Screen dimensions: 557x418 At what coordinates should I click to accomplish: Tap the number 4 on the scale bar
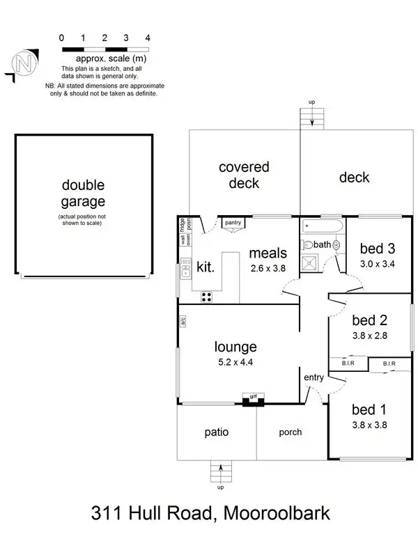pyautogui.click(x=148, y=37)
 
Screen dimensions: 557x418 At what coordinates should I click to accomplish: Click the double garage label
pyautogui.click(x=83, y=194)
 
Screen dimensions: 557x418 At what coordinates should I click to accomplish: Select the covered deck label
pyautogui.click(x=244, y=175)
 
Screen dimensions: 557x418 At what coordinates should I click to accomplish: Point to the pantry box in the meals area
pyautogui.click(x=232, y=223)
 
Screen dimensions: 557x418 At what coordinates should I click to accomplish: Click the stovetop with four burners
pyautogui.click(x=207, y=297)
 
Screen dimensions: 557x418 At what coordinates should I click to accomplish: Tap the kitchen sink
pyautogui.click(x=185, y=269)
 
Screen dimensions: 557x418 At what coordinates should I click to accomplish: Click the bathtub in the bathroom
pyautogui.click(x=322, y=227)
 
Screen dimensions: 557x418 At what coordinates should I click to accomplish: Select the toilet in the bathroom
pyautogui.click(x=308, y=245)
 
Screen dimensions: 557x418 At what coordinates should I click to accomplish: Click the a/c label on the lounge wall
pyautogui.click(x=183, y=322)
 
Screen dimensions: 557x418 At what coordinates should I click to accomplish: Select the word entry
pyautogui.click(x=314, y=377)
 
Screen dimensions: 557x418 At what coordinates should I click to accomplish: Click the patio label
pyautogui.click(x=216, y=432)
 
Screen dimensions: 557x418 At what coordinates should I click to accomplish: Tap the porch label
pyautogui.click(x=291, y=432)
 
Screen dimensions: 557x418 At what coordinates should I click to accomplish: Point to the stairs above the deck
pyautogui.click(x=311, y=119)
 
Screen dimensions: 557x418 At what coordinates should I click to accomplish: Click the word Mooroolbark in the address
pyautogui.click(x=275, y=515)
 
